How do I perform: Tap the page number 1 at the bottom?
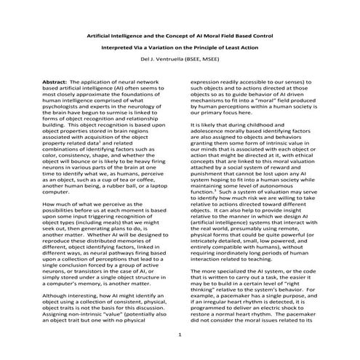point(180,335)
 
